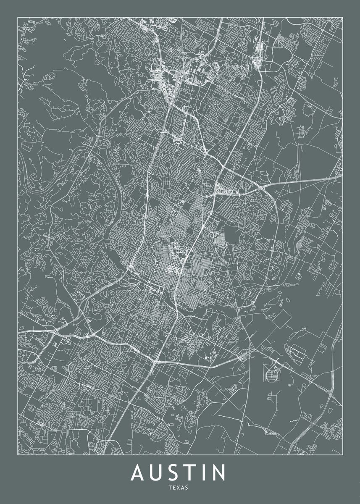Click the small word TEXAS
coord(180,488)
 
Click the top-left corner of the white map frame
coord(17,17)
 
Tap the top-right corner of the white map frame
coord(343,17)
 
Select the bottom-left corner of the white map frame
coord(17,455)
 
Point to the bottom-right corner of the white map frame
coord(343,455)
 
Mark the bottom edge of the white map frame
coord(180,455)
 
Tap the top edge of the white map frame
coord(180,17)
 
